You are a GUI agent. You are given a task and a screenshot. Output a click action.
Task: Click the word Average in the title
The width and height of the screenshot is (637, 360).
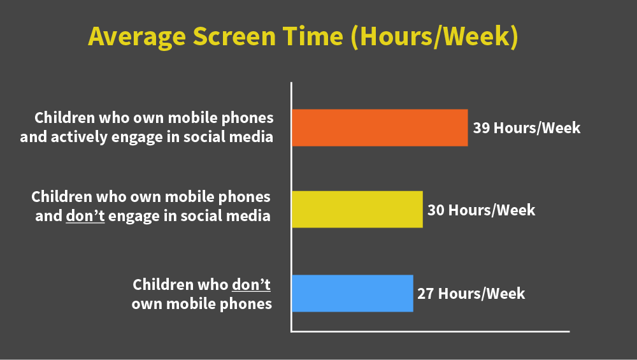[x=137, y=37]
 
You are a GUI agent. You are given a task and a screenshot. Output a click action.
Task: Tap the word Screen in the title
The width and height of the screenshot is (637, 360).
[x=234, y=36]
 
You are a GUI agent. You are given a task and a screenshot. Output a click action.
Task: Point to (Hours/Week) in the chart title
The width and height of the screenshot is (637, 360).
[x=434, y=37]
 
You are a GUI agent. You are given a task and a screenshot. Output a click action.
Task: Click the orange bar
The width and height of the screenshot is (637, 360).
[x=380, y=127]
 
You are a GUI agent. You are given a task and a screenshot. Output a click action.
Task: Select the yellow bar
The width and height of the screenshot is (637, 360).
[x=357, y=209]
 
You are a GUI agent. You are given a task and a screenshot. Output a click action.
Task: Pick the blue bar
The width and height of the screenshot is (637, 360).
[x=353, y=293]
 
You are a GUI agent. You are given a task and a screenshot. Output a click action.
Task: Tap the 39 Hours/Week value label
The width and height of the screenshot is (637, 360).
[x=527, y=128]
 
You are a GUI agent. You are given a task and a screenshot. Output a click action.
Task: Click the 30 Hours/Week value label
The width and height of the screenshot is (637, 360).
[x=482, y=210]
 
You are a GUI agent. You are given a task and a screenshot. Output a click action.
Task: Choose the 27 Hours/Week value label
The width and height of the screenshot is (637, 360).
[x=471, y=294]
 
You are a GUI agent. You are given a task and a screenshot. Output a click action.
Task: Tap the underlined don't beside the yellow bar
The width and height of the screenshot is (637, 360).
[x=85, y=216]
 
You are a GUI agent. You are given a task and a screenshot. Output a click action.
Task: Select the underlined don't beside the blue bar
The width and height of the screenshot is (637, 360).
[x=251, y=284]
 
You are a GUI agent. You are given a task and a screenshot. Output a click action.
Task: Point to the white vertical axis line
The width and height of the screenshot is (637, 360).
[x=291, y=207]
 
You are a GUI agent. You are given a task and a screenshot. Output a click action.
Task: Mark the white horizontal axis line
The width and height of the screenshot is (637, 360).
[x=430, y=331]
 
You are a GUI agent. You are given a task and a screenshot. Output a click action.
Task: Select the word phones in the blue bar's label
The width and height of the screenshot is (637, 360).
[x=246, y=304]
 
